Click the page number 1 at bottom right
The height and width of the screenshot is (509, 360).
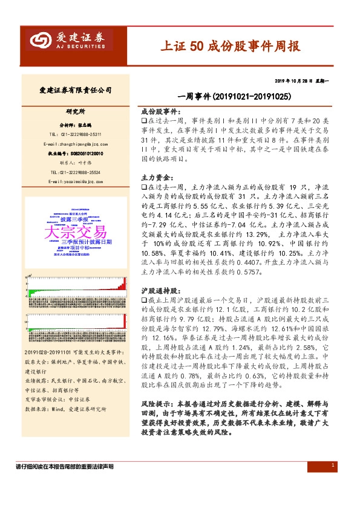point(333,465)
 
